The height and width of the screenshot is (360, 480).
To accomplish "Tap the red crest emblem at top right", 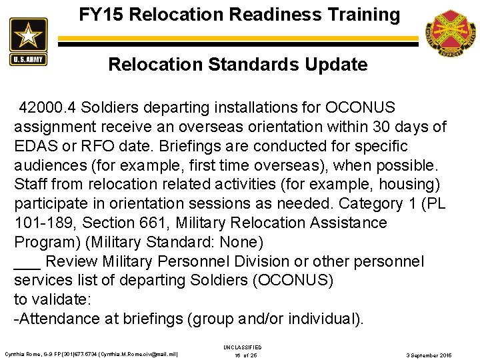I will [449, 33].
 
